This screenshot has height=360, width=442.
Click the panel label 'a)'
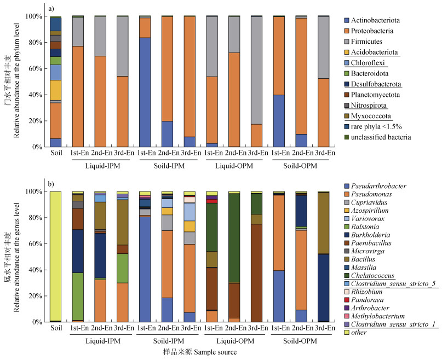point(51,9)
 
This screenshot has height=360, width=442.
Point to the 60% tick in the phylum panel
point(36,68)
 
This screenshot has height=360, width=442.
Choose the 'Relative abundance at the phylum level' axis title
point(18,82)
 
